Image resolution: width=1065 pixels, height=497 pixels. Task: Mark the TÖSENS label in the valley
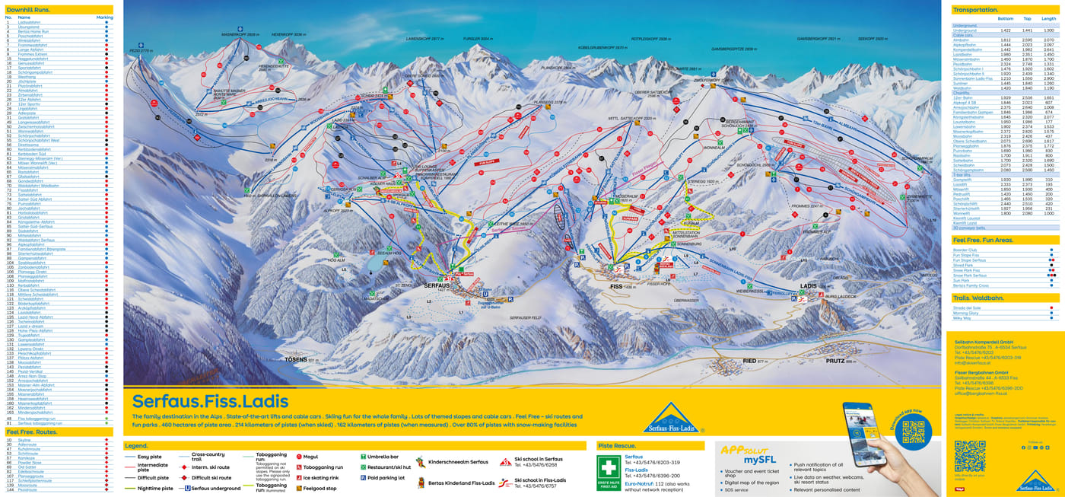tap(297, 359)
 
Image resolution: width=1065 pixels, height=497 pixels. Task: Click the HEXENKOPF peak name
tap(289, 35)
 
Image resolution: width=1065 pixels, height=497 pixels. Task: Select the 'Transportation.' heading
tap(976, 10)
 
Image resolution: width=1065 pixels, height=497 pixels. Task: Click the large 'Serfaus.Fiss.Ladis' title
tap(210, 401)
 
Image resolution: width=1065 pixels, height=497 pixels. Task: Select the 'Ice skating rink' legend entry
tap(323, 478)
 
